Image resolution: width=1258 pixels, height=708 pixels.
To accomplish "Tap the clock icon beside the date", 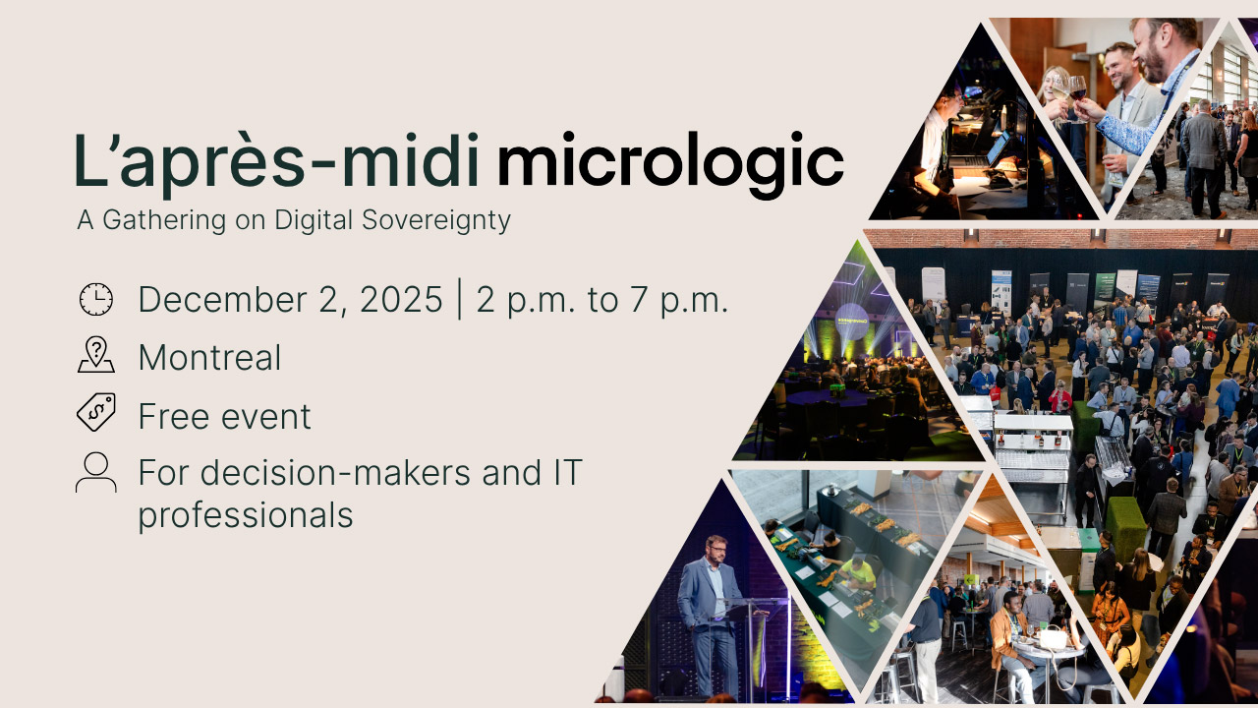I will (95, 299).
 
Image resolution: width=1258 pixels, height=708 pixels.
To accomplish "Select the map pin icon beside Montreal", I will (95, 355).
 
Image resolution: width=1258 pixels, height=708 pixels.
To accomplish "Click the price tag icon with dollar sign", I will (95, 412).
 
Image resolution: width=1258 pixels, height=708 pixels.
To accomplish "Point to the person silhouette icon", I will (95, 473).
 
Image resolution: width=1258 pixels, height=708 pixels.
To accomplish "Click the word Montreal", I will (209, 358).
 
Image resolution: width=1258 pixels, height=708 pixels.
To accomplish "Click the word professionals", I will (245, 514).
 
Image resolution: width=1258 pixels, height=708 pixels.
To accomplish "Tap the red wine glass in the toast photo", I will (1077, 88).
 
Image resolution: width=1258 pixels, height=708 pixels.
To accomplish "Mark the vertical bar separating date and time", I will (459, 300).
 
